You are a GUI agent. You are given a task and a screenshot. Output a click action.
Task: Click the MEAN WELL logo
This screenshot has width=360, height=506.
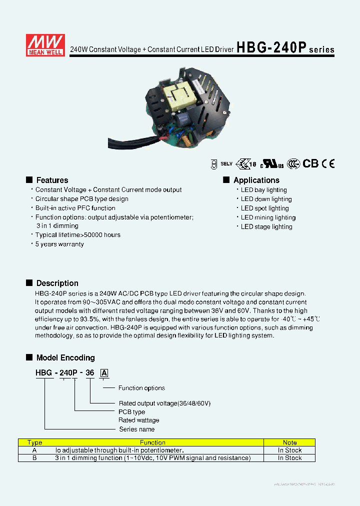pyautogui.click(x=45, y=44)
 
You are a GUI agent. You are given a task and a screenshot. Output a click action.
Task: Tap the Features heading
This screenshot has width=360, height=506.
pyautogui.click(x=52, y=180)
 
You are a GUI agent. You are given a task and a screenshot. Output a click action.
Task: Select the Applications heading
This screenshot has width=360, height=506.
pyautogui.click(x=256, y=180)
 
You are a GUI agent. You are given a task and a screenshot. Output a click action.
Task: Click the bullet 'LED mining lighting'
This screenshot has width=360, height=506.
pyautogui.click(x=268, y=217)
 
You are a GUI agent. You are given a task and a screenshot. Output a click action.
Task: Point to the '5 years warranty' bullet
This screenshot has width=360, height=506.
pyautogui.click(x=59, y=244)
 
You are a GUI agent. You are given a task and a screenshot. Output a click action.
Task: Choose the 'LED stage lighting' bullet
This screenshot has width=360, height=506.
pyautogui.click(x=266, y=226)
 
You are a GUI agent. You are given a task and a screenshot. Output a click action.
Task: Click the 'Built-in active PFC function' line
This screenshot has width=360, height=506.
pyautogui.click(x=75, y=208)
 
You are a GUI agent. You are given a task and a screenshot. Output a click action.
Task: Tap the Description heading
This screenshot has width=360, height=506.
pyautogui.click(x=57, y=283)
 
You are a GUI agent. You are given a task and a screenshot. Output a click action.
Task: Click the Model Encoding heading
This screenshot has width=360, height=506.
pyautogui.click(x=65, y=357)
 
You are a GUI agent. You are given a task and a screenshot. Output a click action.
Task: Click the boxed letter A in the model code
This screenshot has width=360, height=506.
pyautogui.click(x=104, y=372)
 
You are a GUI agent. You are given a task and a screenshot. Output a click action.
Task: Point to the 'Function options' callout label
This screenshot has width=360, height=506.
pyautogui.click(x=141, y=388)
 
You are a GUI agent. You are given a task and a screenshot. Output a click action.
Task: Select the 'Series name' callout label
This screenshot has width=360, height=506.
pyautogui.click(x=136, y=429)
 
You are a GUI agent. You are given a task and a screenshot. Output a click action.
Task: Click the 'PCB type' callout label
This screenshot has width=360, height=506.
pyautogui.click(x=132, y=412)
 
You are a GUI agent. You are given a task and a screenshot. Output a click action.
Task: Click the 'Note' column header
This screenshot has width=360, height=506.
pyautogui.click(x=289, y=442)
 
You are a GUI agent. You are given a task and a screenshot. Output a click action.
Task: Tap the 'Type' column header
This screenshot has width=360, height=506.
pyautogui.click(x=35, y=442)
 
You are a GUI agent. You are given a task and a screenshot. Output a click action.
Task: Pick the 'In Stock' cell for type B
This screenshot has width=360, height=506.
pyautogui.click(x=289, y=458)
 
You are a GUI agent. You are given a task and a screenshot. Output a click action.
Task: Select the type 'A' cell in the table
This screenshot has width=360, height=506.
pyautogui.click(x=34, y=450)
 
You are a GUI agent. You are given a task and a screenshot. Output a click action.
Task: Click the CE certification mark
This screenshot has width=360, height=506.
pyautogui.click(x=328, y=163)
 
